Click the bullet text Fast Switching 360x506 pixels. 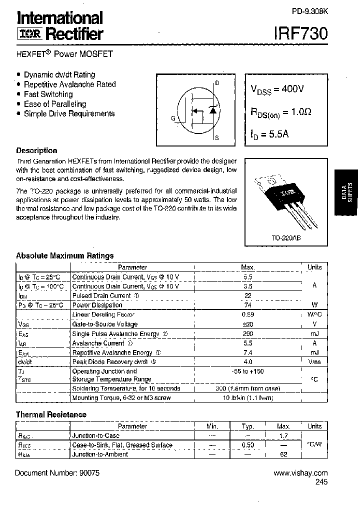[x=48, y=94]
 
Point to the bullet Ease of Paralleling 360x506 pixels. [x=55, y=104]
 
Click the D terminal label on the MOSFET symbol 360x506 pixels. [x=217, y=83]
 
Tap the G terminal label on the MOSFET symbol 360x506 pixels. [x=173, y=118]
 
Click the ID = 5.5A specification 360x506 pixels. [x=269, y=134]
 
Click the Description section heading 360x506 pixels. [x=36, y=150]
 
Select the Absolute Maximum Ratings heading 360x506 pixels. [x=65, y=255]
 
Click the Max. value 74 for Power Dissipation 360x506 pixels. [x=247, y=305]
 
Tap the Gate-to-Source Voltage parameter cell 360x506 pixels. [x=104, y=324]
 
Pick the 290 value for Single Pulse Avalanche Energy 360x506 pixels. [x=247, y=333]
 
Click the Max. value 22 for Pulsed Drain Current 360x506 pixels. [x=247, y=295]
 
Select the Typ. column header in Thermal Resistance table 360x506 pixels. [x=247, y=426]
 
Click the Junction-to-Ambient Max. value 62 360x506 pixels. [x=283, y=454]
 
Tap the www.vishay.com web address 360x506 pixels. [x=301, y=472]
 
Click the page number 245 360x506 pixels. [x=321, y=482]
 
